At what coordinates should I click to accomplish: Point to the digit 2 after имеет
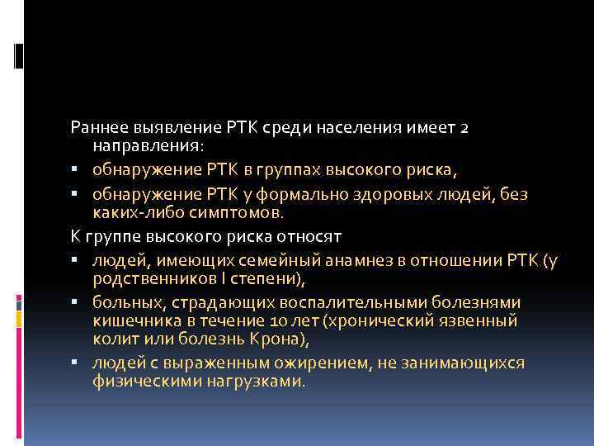click(x=465, y=128)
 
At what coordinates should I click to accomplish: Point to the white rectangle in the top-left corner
click(x=18, y=55)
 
